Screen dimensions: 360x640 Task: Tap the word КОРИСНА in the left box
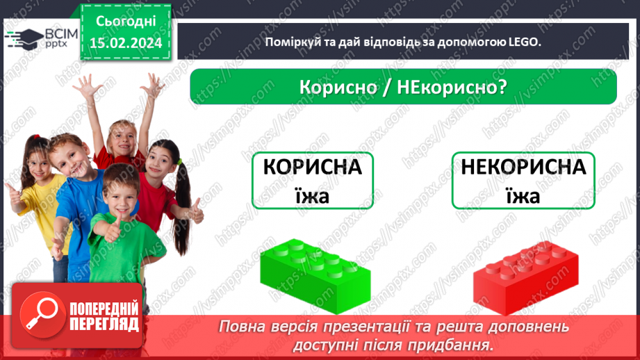click(x=313, y=168)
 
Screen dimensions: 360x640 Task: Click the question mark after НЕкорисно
click(x=500, y=89)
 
